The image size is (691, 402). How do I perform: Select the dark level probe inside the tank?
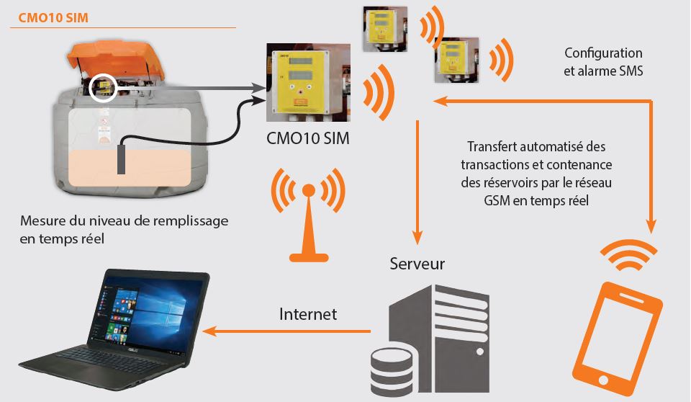click(x=121, y=158)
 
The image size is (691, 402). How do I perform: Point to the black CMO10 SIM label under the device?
click(x=307, y=138)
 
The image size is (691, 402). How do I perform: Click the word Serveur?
click(x=417, y=264)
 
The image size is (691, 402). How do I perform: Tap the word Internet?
click(x=307, y=314)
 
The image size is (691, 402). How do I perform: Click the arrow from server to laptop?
click(x=288, y=331)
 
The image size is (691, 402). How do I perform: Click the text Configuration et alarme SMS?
click(x=603, y=62)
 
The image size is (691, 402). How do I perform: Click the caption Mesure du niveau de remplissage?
click(x=124, y=221)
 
